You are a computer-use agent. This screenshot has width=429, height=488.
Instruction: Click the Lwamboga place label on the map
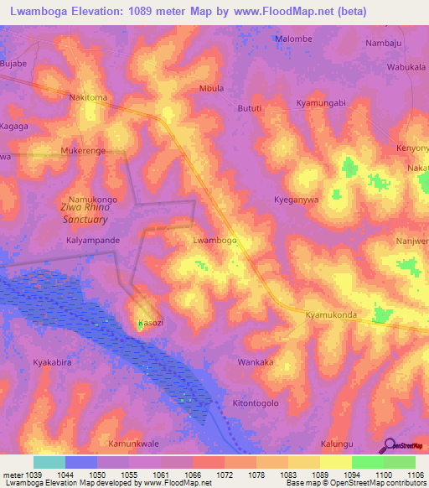214,240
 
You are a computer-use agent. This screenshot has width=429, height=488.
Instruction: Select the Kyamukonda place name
331,315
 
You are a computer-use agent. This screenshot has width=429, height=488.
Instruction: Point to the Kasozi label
151,323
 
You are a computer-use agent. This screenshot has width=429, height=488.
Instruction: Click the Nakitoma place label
88,97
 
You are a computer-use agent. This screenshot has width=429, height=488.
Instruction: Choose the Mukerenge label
83,151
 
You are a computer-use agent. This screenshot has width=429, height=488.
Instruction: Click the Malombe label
293,39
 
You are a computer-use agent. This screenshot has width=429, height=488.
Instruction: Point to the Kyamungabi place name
321,102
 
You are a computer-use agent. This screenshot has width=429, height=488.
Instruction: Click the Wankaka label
256,363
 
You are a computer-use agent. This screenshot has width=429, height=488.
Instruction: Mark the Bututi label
250,108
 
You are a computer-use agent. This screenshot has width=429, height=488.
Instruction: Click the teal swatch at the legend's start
49,462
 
